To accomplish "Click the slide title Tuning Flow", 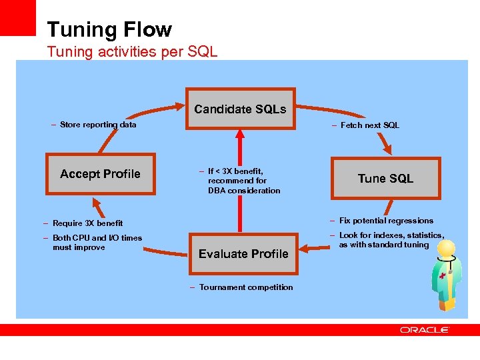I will pyautogui.click(x=109, y=30).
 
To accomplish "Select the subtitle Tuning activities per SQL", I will pyautogui.click(x=132, y=51).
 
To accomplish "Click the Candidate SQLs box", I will pyautogui.click(x=240, y=109).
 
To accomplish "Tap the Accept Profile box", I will pyautogui.click(x=100, y=174).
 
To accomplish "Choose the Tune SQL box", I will pyautogui.click(x=385, y=178).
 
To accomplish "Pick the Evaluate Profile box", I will pyautogui.click(x=243, y=254).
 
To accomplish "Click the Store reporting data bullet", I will pyautogui.click(x=97, y=125).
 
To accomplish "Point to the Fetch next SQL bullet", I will pyautogui.click(x=369, y=125).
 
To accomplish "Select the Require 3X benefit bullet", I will pyautogui.click(x=87, y=223).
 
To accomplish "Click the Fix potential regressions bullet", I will pyautogui.click(x=385, y=221).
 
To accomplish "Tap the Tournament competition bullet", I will pyautogui.click(x=245, y=287).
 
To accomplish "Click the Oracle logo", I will pyautogui.click(x=425, y=330).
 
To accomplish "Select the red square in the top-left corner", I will pyautogui.click(x=17, y=17).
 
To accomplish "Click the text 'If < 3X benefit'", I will pyautogui.click(x=235, y=171).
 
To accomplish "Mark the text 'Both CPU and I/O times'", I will pyautogui.click(x=97, y=238).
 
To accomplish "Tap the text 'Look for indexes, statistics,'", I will pyautogui.click(x=391, y=235).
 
